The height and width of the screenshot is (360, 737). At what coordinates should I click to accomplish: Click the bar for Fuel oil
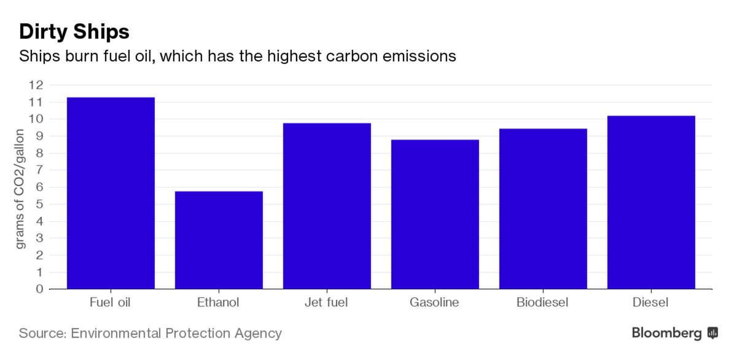click(x=111, y=193)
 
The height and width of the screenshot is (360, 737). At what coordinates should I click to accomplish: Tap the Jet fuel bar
click(x=327, y=206)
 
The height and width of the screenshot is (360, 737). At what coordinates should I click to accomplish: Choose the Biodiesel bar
click(x=543, y=208)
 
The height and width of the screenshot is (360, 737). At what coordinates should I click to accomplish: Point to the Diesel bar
click(x=651, y=202)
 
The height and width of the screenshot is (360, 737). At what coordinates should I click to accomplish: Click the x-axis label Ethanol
click(x=218, y=302)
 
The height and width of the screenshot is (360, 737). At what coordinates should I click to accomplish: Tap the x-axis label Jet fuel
click(x=326, y=302)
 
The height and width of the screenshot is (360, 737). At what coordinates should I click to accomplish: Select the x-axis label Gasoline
click(x=434, y=302)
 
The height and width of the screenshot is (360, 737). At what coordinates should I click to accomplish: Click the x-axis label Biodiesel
click(x=542, y=302)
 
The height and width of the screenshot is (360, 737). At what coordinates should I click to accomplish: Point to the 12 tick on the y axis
click(x=36, y=85)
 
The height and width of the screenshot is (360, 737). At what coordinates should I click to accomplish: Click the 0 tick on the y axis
click(x=39, y=289)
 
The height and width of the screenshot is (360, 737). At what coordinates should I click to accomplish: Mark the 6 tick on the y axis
click(x=39, y=187)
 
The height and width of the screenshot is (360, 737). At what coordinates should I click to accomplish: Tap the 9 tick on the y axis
click(x=39, y=136)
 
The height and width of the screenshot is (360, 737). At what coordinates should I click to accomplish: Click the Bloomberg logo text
click(x=666, y=333)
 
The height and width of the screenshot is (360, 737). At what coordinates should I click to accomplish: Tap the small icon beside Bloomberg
click(x=713, y=333)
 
